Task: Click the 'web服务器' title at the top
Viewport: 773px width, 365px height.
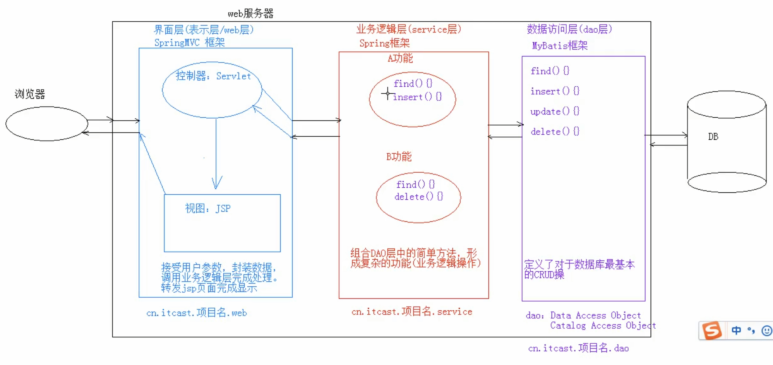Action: (x=250, y=14)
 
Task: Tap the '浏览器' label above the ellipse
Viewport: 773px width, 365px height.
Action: (x=30, y=94)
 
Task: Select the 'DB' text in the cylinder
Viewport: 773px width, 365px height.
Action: (x=713, y=137)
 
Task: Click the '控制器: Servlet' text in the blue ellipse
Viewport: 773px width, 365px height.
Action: (x=213, y=76)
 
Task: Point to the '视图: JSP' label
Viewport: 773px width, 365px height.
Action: (x=208, y=209)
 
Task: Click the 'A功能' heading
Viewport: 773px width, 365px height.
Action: (x=400, y=58)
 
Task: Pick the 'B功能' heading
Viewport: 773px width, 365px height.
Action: (x=399, y=157)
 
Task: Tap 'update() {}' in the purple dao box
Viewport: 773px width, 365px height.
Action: (x=555, y=111)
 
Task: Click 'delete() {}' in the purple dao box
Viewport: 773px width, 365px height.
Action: (x=555, y=132)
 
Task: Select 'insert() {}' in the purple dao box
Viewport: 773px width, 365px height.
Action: (x=555, y=91)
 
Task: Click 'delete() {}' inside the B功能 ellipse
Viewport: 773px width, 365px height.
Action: (x=418, y=197)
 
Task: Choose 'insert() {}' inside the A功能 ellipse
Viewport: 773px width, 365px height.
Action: (x=417, y=97)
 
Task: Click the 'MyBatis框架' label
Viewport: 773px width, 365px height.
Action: (x=560, y=46)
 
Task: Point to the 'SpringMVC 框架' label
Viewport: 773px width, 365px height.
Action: (x=189, y=43)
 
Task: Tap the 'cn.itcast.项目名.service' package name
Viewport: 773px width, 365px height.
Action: (x=412, y=312)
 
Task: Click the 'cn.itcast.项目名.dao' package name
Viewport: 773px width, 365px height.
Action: (x=578, y=348)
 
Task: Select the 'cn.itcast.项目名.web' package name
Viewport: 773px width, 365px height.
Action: (x=197, y=313)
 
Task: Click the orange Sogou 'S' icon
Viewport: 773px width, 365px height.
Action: (x=712, y=331)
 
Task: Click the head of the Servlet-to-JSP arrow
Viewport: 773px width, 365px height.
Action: (x=216, y=184)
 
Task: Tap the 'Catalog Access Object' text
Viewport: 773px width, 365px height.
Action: (x=603, y=326)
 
